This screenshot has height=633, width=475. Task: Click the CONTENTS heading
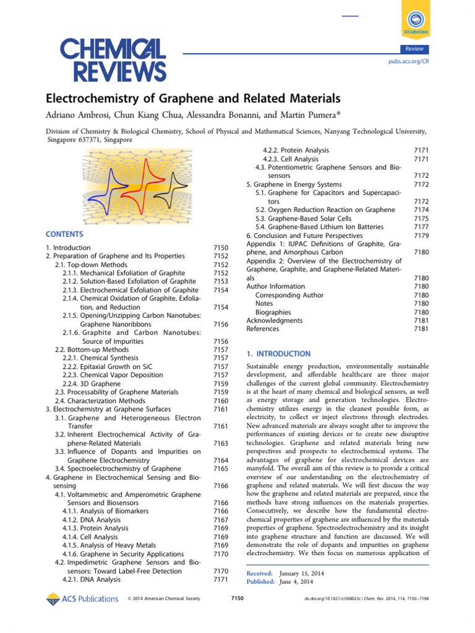(x=64, y=235)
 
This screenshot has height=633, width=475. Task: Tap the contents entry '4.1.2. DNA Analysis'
(x=92, y=520)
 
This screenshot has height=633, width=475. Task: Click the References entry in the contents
(x=263, y=329)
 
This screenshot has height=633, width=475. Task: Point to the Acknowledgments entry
(x=275, y=320)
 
